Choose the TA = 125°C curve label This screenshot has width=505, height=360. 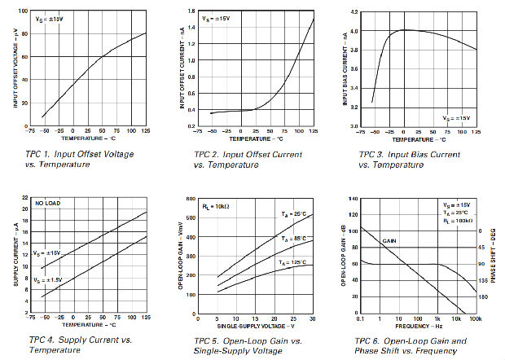click(291, 262)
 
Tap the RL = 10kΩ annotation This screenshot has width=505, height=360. click(216, 206)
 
